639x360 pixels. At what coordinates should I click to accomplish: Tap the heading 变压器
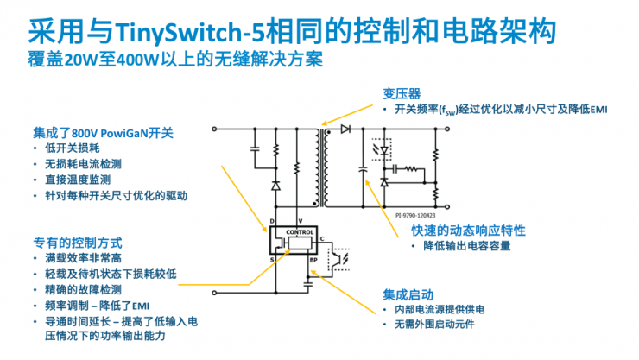point(402,93)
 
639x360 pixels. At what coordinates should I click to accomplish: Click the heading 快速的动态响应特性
point(468,231)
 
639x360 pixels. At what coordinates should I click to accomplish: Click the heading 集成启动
point(402,294)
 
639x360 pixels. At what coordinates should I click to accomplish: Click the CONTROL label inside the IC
point(300,231)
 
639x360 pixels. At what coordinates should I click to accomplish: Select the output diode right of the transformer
point(345,129)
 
